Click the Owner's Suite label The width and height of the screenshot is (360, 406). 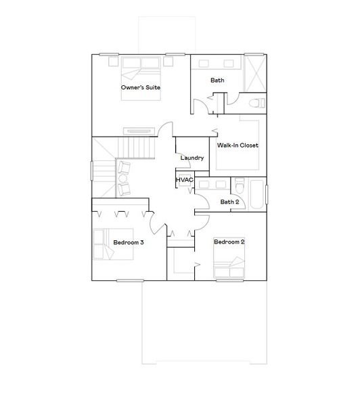pos(140,88)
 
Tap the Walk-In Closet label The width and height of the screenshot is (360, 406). pos(238,145)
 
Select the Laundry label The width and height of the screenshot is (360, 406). pos(192,158)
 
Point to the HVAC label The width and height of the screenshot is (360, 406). pos(184,181)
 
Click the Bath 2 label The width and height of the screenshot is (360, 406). pos(229,202)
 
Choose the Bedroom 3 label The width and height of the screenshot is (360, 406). pos(128,242)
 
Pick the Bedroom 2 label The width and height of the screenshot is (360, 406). pos(229,242)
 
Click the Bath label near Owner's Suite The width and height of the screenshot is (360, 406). pos(217,81)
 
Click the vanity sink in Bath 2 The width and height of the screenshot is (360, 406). pos(221,185)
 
